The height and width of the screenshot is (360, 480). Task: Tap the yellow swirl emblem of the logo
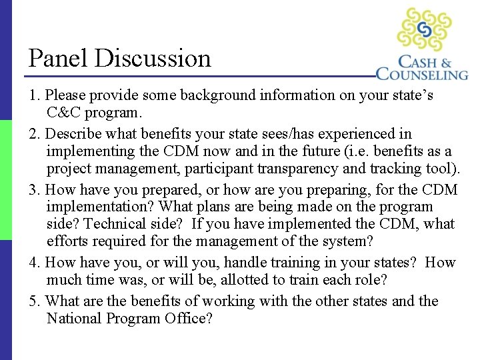tap(425, 29)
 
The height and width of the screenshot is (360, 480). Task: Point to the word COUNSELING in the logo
tap(422, 73)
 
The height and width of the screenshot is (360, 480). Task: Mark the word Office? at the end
tap(188, 319)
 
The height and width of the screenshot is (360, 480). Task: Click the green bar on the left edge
tap(6, 180)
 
